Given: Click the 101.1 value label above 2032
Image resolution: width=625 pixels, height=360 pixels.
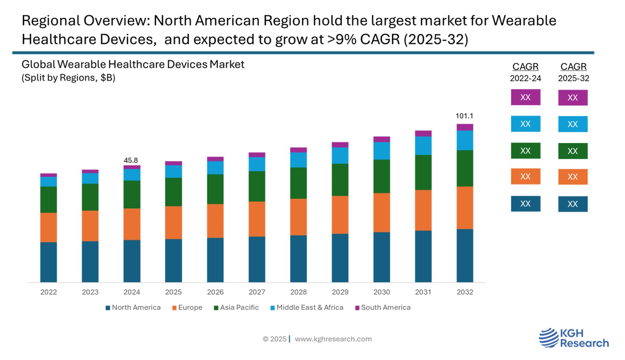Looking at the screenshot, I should [x=464, y=116].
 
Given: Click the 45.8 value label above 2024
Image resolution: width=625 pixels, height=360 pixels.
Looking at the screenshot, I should [x=131, y=160].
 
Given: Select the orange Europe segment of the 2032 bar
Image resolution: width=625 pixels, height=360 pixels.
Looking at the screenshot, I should [x=465, y=207].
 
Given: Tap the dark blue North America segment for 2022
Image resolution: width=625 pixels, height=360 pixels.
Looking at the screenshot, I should [x=49, y=262].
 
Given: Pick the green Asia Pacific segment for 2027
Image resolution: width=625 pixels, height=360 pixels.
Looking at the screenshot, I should [x=257, y=186].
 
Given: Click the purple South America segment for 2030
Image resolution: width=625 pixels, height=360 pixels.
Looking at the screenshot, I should [x=382, y=139].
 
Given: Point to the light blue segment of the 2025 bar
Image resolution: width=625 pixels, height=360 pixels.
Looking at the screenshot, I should [x=173, y=172].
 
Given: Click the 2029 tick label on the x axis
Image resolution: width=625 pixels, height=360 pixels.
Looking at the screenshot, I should [x=340, y=292].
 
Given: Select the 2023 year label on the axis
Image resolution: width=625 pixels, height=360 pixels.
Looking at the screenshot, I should [x=90, y=292].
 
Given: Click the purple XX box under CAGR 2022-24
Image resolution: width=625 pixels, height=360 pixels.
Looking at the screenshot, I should [x=525, y=97].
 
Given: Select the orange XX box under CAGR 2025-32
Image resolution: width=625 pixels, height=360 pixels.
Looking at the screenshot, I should [x=572, y=177].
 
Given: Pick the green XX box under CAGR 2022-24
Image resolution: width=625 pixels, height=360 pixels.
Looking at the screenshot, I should [x=525, y=151].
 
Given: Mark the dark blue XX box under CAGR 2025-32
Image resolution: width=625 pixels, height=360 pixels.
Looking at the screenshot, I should [x=572, y=204].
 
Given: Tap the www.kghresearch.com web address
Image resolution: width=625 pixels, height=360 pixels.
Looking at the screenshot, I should [x=333, y=339].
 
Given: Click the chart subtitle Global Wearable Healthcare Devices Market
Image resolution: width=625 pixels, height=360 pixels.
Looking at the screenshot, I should [x=133, y=64].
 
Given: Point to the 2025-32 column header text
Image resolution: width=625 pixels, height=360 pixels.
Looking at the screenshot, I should [x=573, y=78].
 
